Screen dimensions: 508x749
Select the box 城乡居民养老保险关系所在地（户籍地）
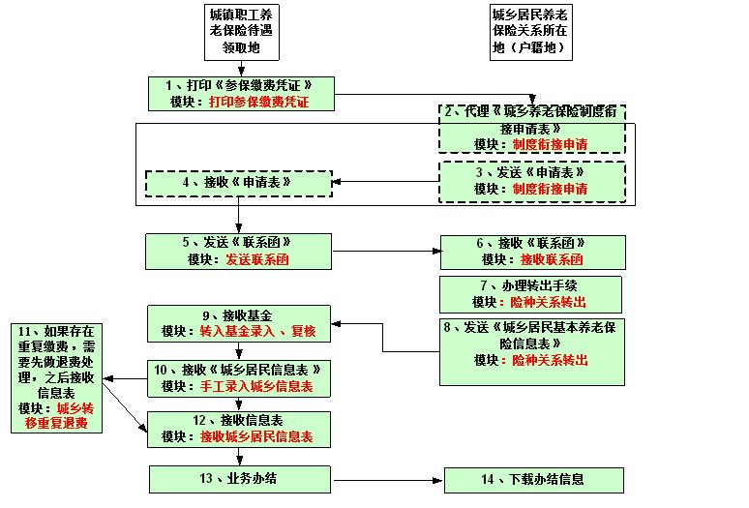click(528, 29)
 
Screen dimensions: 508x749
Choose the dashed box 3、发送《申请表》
click(532, 181)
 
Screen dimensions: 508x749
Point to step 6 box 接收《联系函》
click(532, 251)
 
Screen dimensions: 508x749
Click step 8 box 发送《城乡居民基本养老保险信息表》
click(532, 343)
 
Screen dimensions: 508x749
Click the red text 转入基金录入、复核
click(257, 331)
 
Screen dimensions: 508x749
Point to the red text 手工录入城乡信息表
click(257, 386)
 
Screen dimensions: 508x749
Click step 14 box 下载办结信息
click(532, 479)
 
